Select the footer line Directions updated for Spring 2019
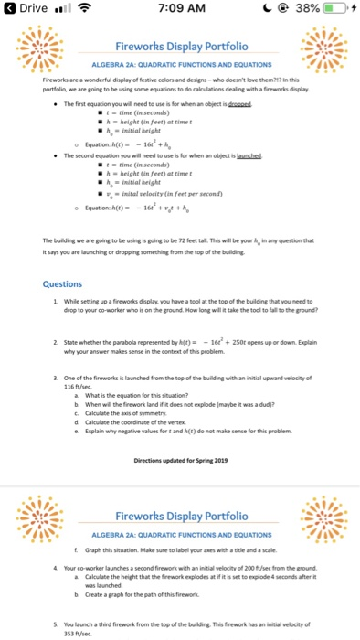tap(179, 460)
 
